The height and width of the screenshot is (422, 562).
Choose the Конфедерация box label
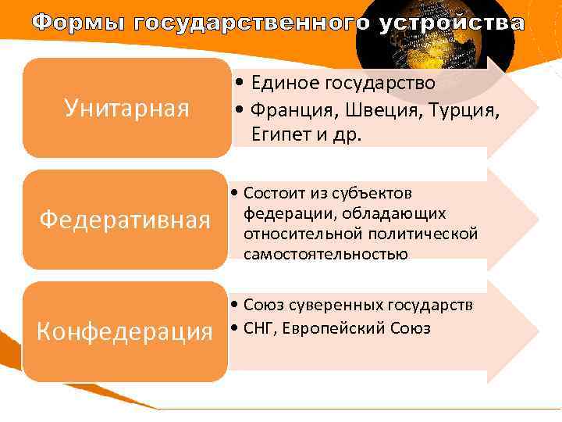[126, 331]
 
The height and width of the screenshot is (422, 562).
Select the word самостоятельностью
[325, 254]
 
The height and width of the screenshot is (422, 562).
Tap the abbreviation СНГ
[258, 328]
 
